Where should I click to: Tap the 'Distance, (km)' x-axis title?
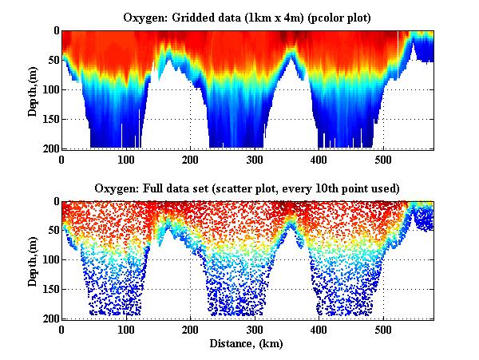click(247, 344)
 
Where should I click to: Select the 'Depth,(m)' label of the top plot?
click(34, 89)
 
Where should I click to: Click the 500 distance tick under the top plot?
click(383, 158)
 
